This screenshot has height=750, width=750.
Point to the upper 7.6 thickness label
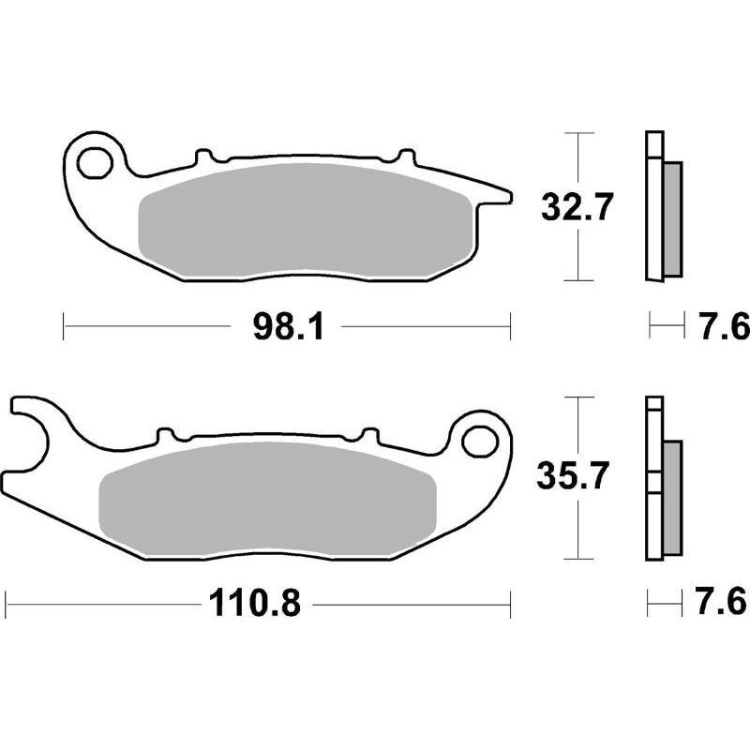[722, 327]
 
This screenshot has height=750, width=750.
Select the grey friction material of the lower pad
[268, 502]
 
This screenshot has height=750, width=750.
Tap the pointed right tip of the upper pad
[507, 195]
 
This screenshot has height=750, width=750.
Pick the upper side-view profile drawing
[661, 205]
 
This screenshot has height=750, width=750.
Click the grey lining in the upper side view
[672, 217]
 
